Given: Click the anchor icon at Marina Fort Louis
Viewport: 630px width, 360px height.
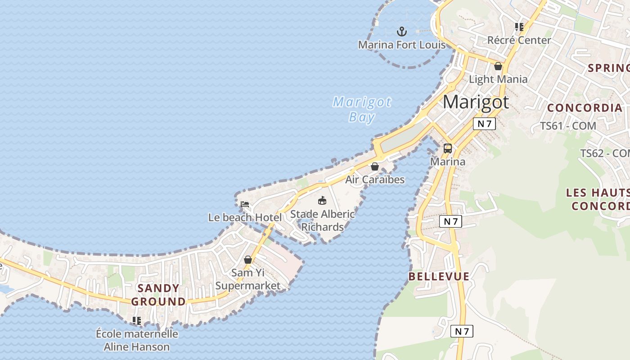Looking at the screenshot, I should click(401, 31).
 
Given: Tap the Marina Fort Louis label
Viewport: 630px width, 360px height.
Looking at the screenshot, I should click(401, 45).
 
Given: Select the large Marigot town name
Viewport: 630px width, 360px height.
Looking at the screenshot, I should click(476, 102).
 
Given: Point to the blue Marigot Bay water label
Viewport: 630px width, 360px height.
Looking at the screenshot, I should click(362, 109).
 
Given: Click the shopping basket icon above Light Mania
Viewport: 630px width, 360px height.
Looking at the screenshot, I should click(498, 66).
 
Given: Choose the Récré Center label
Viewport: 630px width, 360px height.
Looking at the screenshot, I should click(519, 40).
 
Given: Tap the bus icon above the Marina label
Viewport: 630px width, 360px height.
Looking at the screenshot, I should click(447, 148).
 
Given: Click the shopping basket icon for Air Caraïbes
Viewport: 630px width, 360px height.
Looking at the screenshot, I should click(374, 166).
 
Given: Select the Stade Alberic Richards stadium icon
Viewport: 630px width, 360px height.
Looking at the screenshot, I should click(322, 201).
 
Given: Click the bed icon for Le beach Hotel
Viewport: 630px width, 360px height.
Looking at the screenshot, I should click(245, 204).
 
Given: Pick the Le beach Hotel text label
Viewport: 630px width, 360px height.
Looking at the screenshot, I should click(245, 218).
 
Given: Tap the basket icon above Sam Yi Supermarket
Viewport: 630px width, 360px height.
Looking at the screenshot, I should click(247, 260).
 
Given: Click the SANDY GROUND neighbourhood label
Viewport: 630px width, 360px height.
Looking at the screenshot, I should click(158, 295).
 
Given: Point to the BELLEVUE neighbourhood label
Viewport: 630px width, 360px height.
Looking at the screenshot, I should click(439, 276).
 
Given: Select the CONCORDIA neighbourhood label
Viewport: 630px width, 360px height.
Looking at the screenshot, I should click(585, 108).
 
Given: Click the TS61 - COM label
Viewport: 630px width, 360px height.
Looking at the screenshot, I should click(568, 126).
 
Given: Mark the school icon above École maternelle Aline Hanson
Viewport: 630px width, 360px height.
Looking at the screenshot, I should click(137, 321).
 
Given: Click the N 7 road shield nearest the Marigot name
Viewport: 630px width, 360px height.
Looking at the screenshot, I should click(484, 124).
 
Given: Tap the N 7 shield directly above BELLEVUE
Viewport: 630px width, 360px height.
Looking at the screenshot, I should click(450, 221).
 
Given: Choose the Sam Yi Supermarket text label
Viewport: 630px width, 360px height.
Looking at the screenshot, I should click(247, 279).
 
